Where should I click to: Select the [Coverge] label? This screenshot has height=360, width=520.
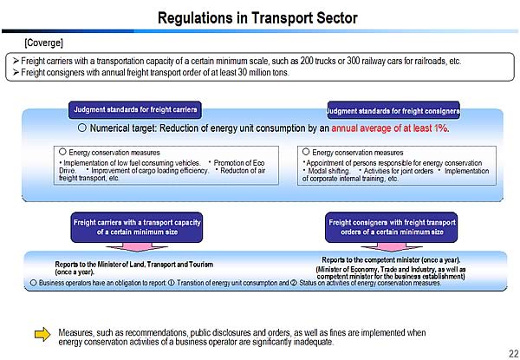click(43, 43)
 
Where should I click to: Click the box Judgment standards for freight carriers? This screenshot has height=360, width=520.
click(135, 110)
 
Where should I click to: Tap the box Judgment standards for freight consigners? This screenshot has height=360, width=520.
click(393, 111)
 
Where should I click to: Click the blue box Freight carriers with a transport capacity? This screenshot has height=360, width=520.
click(137, 227)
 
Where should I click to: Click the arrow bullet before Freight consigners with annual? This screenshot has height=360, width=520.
click(15, 72)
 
